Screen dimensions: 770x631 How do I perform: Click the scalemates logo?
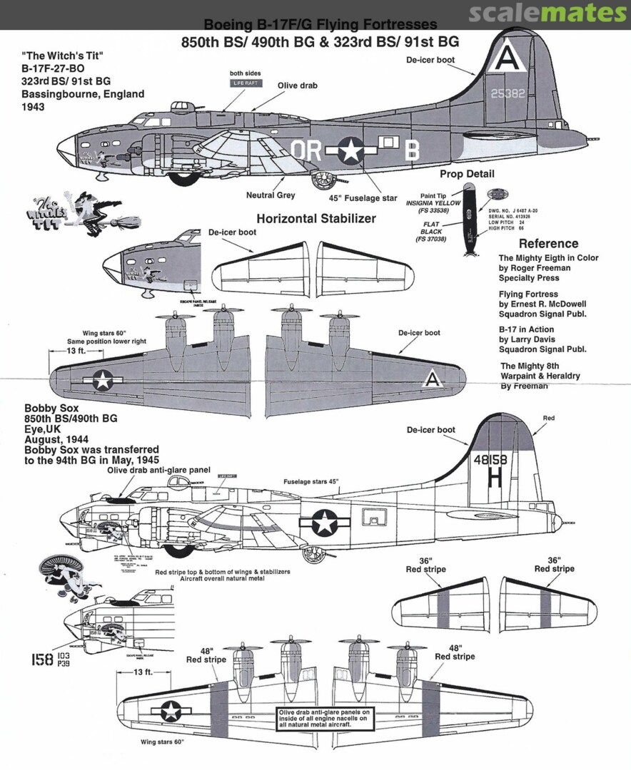(x=547, y=13)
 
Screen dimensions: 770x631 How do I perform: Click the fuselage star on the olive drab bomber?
(x=350, y=150)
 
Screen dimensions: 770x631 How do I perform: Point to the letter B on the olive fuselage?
(x=412, y=150)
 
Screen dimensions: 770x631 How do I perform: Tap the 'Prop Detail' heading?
(x=467, y=174)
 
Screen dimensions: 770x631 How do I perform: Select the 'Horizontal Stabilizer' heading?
(x=315, y=219)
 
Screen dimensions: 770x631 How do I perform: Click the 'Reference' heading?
(x=548, y=243)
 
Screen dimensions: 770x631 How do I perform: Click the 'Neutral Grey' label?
(x=271, y=195)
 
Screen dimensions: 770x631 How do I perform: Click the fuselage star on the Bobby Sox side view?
(x=325, y=523)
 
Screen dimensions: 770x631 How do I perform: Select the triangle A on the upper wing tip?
(x=432, y=380)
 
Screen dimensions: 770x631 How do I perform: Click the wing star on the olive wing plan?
(x=104, y=380)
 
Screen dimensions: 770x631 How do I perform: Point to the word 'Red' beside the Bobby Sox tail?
(x=548, y=418)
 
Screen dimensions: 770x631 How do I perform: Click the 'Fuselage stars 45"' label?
(x=311, y=481)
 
